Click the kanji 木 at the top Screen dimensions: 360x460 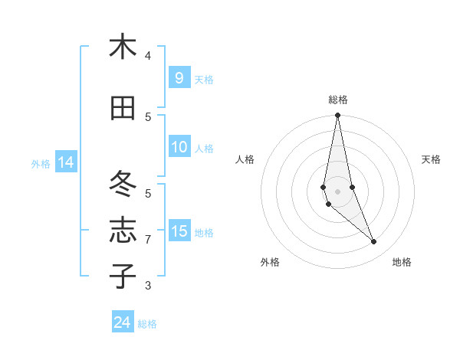123,47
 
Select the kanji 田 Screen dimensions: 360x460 123,108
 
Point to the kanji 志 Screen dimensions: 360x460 123,230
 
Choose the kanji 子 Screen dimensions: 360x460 123,275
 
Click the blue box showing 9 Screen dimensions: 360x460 179,78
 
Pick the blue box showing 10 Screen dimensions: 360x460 179,147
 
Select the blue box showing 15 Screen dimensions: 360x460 179,231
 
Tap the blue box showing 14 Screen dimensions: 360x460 65,162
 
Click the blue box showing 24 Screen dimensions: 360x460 123,322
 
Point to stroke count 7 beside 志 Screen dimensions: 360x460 148,240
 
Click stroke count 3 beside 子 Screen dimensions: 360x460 148,286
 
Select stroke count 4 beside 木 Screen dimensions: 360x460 148,56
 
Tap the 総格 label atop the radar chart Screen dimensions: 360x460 338,100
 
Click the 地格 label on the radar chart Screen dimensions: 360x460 402,262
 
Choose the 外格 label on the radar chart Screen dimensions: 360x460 270,262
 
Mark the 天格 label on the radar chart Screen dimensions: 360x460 431,159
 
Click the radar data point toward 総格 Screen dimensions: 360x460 337,116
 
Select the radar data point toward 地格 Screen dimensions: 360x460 374,242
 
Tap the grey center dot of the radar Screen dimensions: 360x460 337,191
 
